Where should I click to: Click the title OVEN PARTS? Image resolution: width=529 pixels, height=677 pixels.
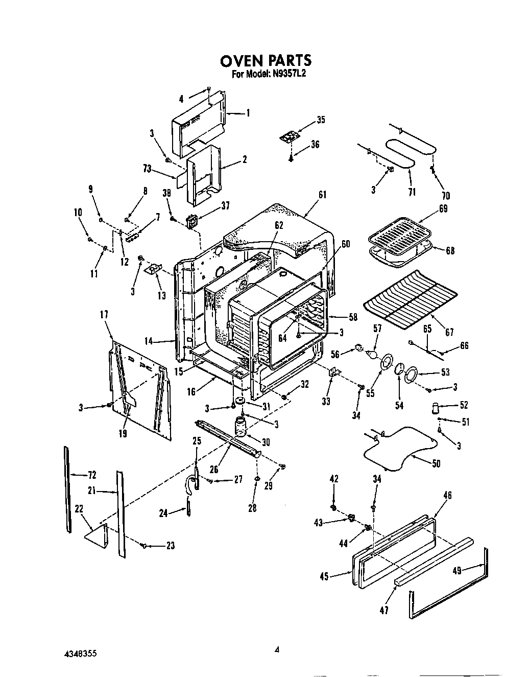pyautogui.click(x=265, y=61)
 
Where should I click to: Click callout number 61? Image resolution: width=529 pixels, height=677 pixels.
pyautogui.click(x=322, y=195)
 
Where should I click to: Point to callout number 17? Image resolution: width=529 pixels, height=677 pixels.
pyautogui.click(x=105, y=316)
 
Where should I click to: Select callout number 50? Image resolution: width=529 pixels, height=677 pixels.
pyautogui.click(x=436, y=463)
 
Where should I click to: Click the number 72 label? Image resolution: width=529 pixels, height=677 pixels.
pyautogui.click(x=91, y=475)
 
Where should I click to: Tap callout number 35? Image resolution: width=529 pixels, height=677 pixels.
pyautogui.click(x=321, y=120)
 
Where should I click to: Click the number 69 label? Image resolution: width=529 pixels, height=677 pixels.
pyautogui.click(x=443, y=208)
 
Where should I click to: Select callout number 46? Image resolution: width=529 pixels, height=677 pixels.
pyautogui.click(x=447, y=495)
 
